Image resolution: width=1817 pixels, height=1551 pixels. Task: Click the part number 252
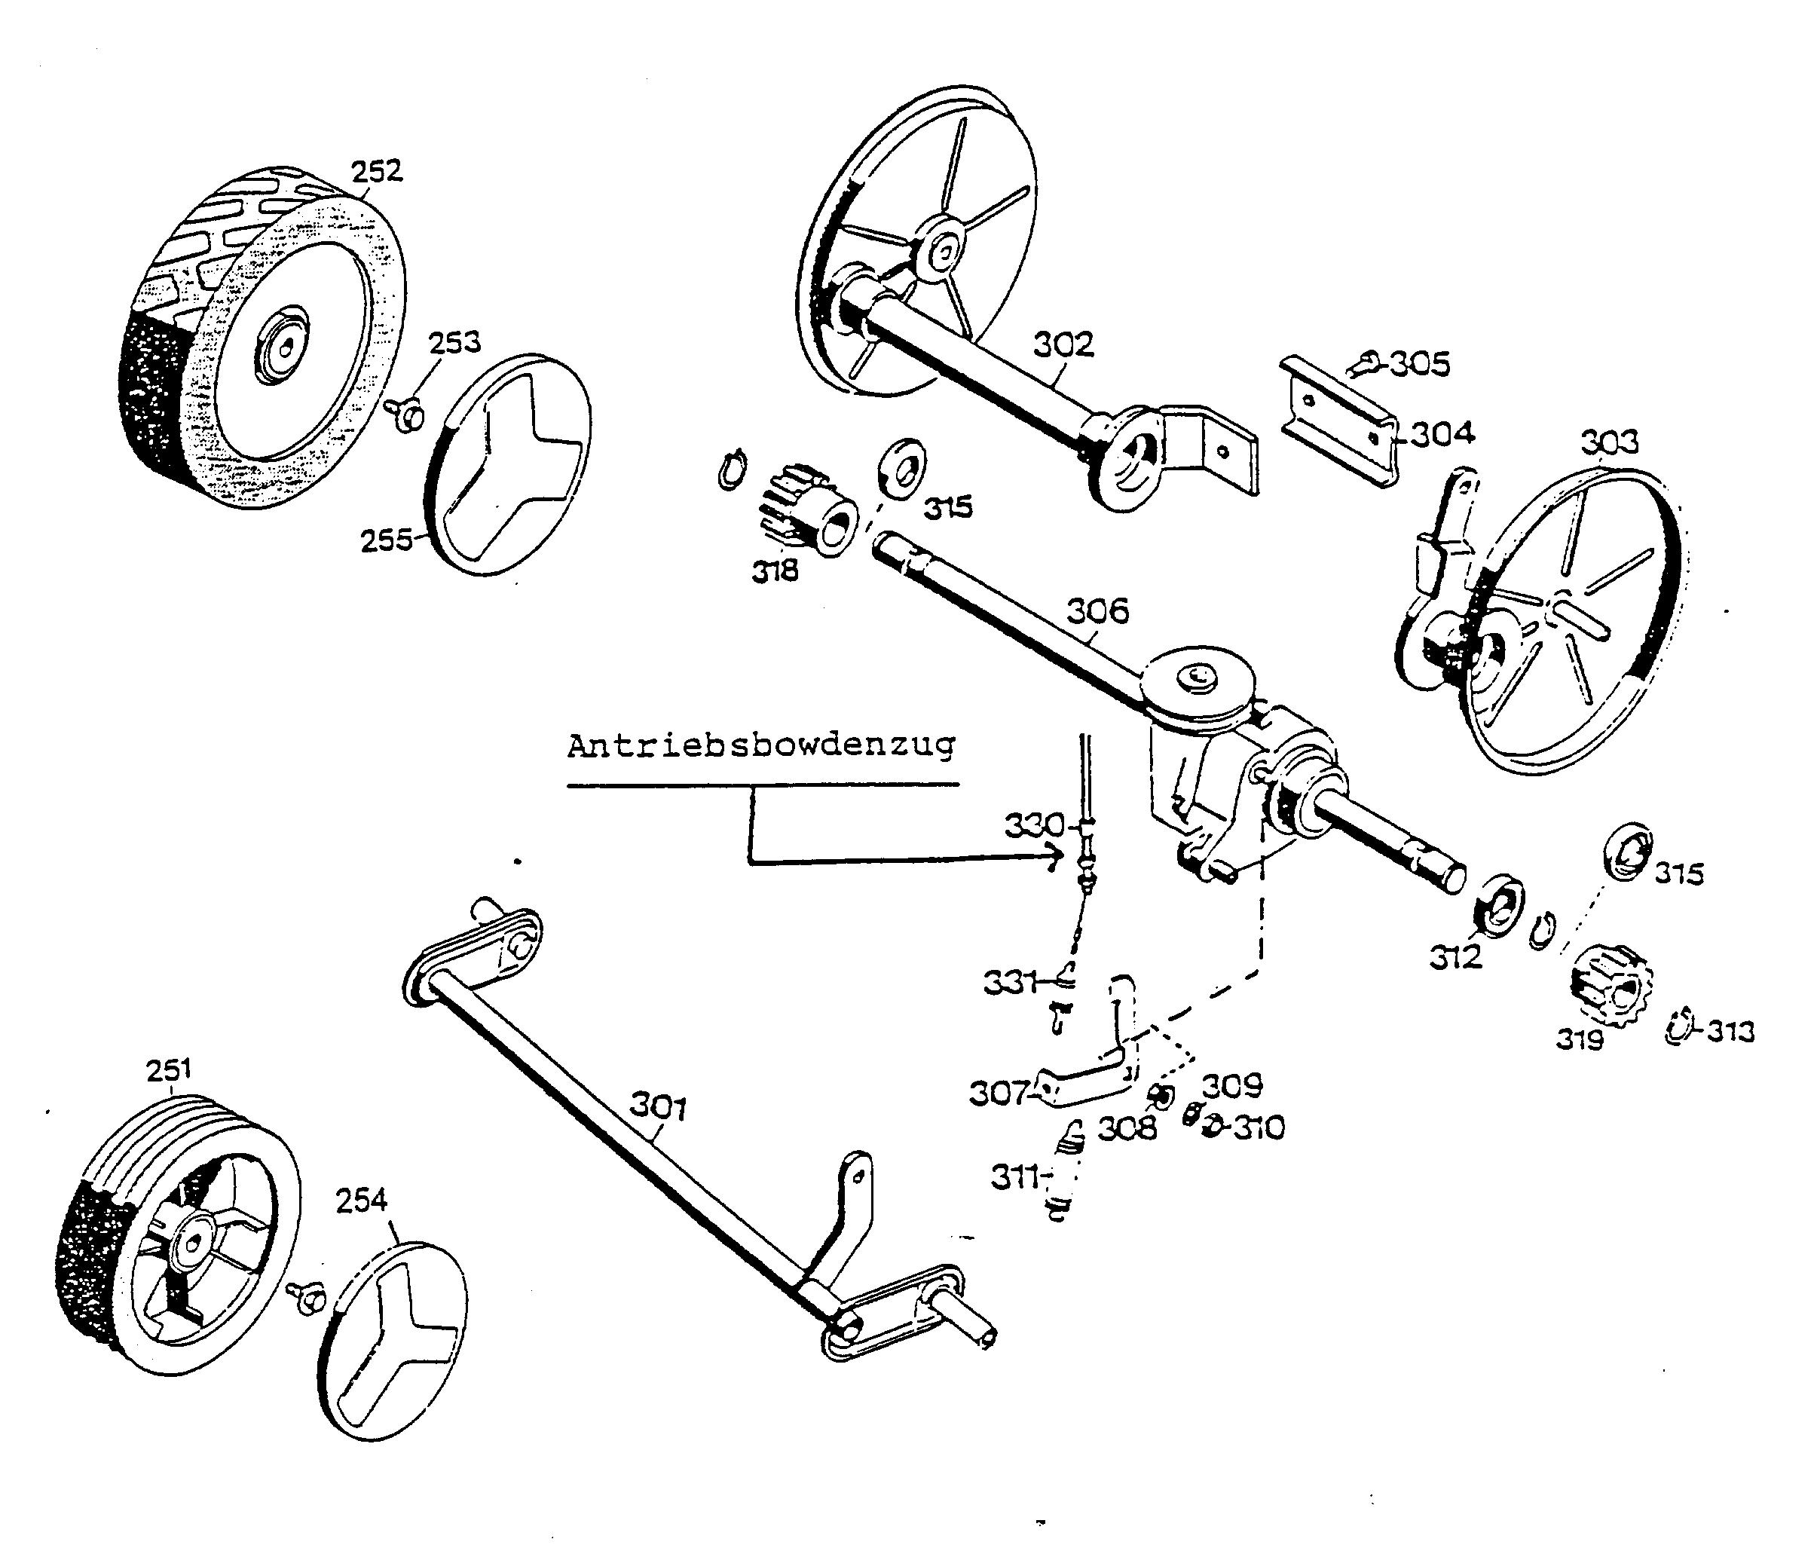[376, 171]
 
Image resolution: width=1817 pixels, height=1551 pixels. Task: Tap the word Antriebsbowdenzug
[760, 746]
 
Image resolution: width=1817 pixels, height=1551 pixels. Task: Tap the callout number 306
[1097, 611]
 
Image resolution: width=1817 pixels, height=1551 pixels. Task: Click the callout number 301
[658, 1107]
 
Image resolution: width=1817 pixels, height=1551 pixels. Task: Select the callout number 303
[1609, 443]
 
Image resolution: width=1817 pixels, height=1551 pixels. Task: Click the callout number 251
[168, 1069]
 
